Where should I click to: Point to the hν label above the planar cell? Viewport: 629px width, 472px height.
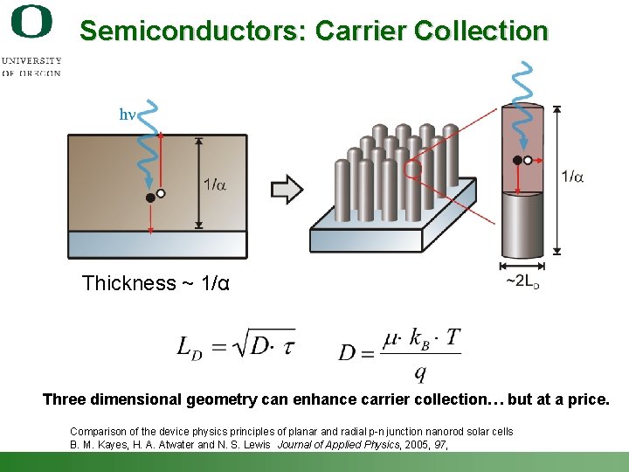coord(127,115)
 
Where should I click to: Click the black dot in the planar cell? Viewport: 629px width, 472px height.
coord(150,198)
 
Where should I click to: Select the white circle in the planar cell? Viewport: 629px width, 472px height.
coord(161,192)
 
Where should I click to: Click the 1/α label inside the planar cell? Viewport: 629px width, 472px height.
coord(215,184)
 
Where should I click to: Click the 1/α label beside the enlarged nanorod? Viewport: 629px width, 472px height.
coord(572,177)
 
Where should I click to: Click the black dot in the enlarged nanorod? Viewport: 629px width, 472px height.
coord(517,160)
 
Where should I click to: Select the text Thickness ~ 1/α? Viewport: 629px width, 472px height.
coord(156,283)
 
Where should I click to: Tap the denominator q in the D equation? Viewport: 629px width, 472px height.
coord(420,373)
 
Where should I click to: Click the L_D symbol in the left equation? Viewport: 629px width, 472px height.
coord(190,347)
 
